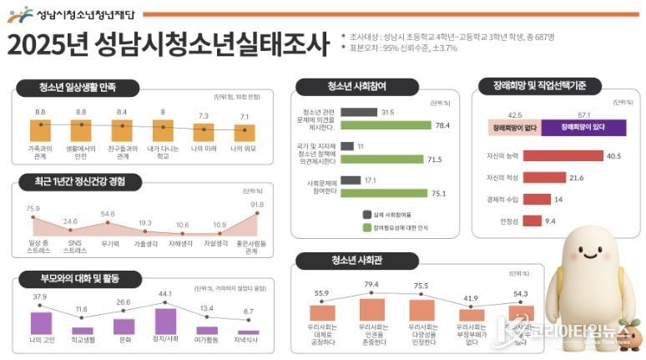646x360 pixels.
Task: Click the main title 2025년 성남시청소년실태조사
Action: (x=167, y=45)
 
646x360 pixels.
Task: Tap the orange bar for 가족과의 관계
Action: (x=40, y=131)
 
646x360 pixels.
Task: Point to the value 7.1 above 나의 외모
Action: (x=244, y=117)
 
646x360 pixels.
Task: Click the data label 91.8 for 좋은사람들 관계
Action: (x=256, y=205)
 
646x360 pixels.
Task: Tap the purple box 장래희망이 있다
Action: (x=583, y=128)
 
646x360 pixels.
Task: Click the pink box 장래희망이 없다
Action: (x=513, y=128)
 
